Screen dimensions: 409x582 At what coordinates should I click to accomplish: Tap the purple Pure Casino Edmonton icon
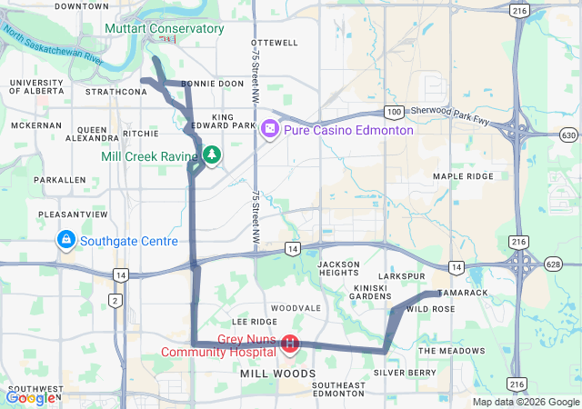(270, 129)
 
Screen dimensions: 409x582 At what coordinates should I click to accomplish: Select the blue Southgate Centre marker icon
(66, 241)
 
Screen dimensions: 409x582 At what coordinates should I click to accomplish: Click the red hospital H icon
(289, 344)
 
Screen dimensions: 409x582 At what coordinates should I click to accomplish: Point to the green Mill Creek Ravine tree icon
(212, 155)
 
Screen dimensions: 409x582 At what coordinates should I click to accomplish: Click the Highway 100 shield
(393, 112)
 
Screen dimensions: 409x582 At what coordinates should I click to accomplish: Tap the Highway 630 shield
(568, 135)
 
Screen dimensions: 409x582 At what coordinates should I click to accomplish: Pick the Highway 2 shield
(115, 300)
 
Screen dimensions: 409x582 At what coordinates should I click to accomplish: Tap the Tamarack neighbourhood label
(463, 293)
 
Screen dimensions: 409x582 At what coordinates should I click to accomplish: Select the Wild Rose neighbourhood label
(431, 310)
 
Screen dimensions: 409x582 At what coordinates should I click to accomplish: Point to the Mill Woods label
(277, 374)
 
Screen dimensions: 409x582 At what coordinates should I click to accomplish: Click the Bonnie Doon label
(213, 84)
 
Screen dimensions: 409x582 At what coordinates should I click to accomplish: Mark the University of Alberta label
(36, 86)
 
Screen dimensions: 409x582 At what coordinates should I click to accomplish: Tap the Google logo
(29, 397)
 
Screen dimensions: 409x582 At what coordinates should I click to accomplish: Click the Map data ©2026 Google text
(525, 402)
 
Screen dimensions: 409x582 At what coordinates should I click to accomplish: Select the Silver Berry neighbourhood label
(405, 373)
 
